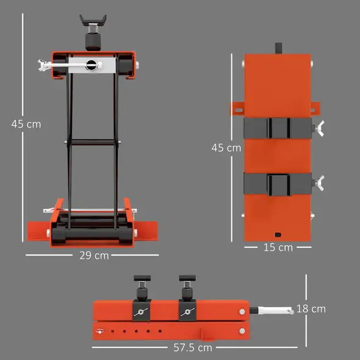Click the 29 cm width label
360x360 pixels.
point(93,255)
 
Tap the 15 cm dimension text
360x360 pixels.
point(278,247)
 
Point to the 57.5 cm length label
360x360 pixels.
point(192,348)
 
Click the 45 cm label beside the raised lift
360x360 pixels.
point(26,123)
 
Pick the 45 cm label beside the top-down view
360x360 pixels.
point(226,148)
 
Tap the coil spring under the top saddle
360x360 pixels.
point(93,30)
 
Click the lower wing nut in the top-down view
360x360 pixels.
point(319,182)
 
